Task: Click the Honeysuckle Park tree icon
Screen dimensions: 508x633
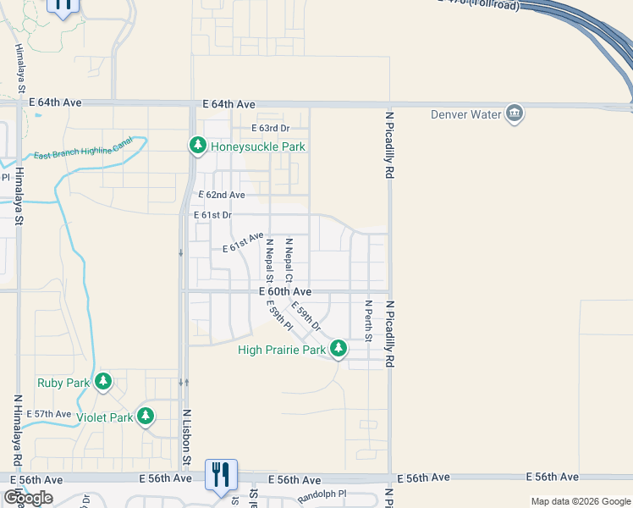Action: point(197,146)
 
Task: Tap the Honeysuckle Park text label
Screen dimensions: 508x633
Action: point(257,146)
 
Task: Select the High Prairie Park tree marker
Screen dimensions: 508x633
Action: point(339,348)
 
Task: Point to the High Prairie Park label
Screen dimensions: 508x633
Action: point(282,350)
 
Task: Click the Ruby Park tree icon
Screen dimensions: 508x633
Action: point(103,382)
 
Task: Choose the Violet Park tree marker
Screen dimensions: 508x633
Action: point(146,416)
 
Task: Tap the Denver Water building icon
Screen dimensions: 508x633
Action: point(514,114)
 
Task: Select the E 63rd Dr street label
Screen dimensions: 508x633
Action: point(271,128)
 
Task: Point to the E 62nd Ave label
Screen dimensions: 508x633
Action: point(222,195)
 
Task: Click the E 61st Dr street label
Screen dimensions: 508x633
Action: point(213,215)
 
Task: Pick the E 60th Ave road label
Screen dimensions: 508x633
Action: point(285,291)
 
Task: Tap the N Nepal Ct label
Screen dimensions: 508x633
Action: point(289,260)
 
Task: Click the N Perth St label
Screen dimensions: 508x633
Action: point(368,320)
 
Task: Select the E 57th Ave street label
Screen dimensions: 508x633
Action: point(49,414)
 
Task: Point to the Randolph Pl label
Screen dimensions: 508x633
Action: point(322,493)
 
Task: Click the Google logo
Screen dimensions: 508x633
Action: point(29,498)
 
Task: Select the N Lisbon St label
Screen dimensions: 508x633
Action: point(186,437)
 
